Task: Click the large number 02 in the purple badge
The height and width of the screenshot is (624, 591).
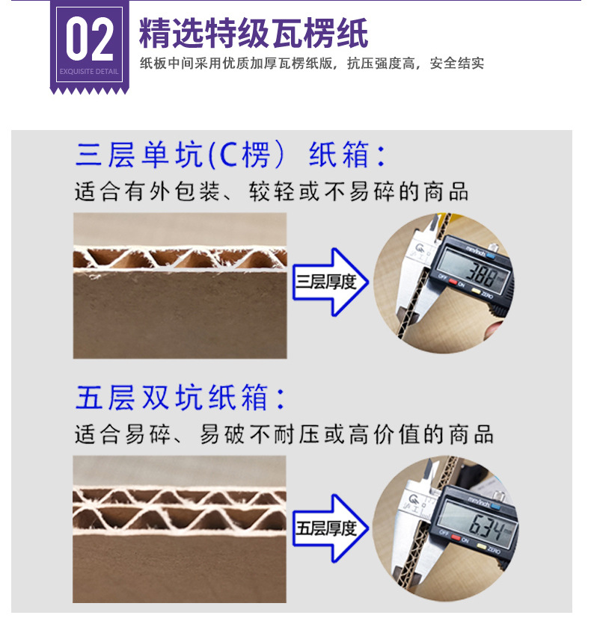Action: [x=89, y=40]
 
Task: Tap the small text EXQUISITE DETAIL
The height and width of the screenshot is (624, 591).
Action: [x=89, y=72]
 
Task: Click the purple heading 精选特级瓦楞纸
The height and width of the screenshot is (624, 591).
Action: [x=254, y=34]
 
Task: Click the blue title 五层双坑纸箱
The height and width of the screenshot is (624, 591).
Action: [x=180, y=397]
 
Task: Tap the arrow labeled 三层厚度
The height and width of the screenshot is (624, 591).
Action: [x=329, y=282]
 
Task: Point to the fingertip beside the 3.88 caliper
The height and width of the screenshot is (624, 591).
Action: [x=495, y=329]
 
